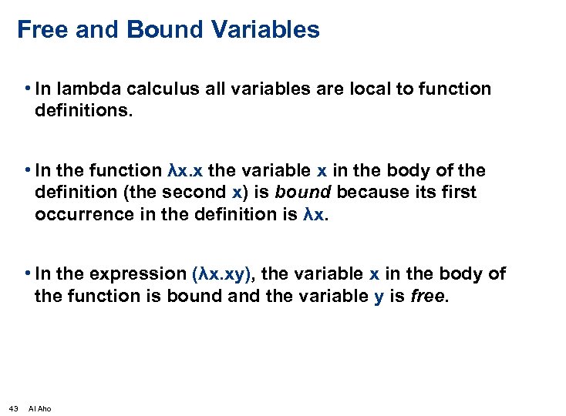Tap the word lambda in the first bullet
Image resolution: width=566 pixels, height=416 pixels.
(83, 89)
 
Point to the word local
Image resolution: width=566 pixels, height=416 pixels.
(362, 89)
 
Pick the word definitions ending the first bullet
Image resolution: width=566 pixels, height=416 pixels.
(83, 111)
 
